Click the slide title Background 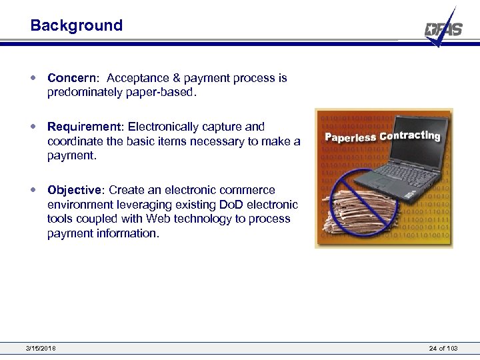(77, 26)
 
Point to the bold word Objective (75, 191)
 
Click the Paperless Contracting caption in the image (383, 136)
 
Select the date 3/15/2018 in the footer (41, 349)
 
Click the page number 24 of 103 (445, 349)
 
